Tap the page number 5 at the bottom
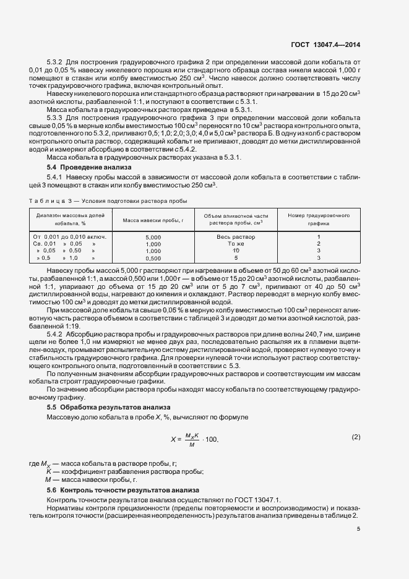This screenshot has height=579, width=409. click(x=358, y=528)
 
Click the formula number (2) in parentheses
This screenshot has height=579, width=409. click(x=356, y=437)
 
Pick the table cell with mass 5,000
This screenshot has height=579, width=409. click(x=153, y=238)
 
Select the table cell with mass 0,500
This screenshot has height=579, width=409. click(x=153, y=259)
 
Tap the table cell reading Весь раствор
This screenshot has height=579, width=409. click(x=236, y=237)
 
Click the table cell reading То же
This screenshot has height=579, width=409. click(x=236, y=244)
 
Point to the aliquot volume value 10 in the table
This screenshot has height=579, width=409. click(x=236, y=251)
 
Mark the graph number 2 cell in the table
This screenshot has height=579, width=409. click(x=319, y=244)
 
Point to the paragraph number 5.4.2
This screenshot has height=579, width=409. click(x=56, y=335)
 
